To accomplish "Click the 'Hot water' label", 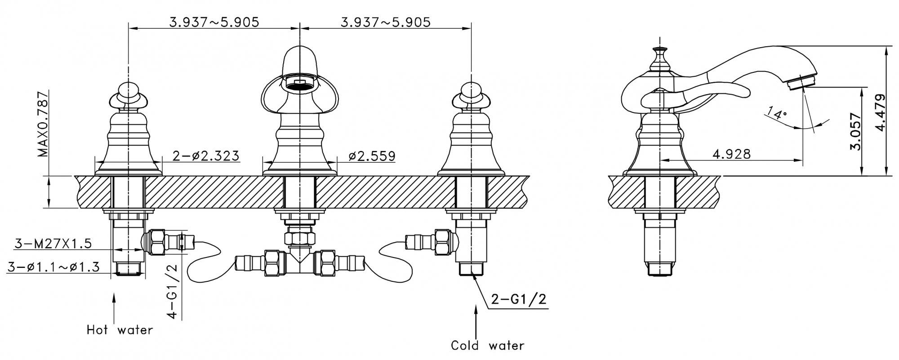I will pyautogui.click(x=120, y=330).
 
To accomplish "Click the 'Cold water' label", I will pyautogui.click(x=488, y=346).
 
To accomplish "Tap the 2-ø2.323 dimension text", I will pyautogui.click(x=206, y=156).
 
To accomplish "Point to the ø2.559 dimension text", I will pyautogui.click(x=372, y=156).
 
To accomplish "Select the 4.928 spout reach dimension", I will pyautogui.click(x=732, y=154).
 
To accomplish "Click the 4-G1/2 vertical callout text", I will pyautogui.click(x=173, y=291).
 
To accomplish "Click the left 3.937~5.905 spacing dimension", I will pyautogui.click(x=214, y=22).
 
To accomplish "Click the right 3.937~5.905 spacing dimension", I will pyautogui.click(x=386, y=22).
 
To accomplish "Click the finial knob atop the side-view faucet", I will pyautogui.click(x=660, y=53).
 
